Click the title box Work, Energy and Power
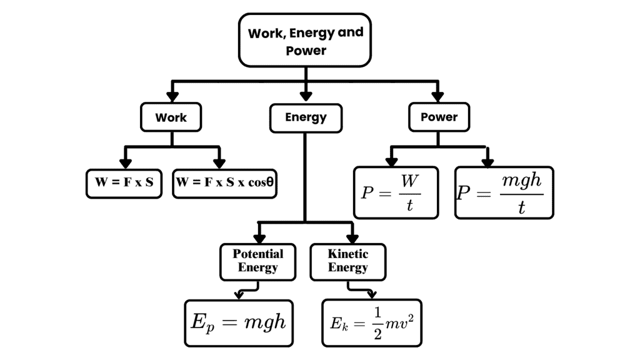tap(305, 41)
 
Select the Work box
tap(171, 117)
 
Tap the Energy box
tap(306, 117)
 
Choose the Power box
tap(438, 117)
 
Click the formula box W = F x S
tap(124, 183)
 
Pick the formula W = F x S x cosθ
tap(224, 183)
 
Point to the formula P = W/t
tap(396, 192)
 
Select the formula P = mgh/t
tap(504, 192)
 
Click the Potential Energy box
tap(258, 261)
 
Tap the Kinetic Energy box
tap(348, 261)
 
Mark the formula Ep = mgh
tap(239, 322)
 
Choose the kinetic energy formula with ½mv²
tap(372, 322)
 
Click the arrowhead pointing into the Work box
tap(171, 96)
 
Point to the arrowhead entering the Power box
tap(437, 96)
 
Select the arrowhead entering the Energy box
tap(306, 96)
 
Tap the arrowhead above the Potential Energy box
tap(259, 238)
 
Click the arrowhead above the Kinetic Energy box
tap(352, 238)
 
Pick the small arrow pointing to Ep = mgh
tap(239, 293)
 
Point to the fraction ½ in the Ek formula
tap(377, 322)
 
